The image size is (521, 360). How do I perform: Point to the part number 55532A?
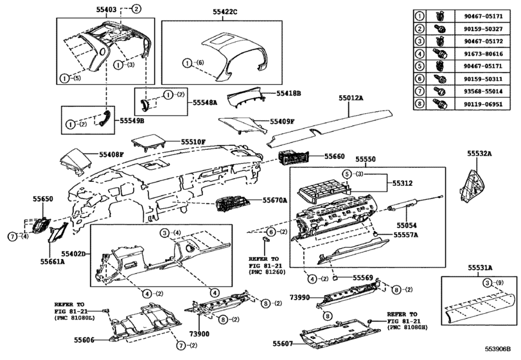(x=479, y=154)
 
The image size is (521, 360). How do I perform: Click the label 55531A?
(x=479, y=267)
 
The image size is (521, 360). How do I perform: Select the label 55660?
(x=334, y=156)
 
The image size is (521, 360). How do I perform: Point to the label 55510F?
(x=193, y=141)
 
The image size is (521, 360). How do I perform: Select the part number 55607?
(x=285, y=344)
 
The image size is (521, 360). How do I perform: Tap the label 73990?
(x=301, y=298)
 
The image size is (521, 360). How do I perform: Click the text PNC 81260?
(x=266, y=272)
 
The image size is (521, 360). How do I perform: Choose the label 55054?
(x=406, y=226)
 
